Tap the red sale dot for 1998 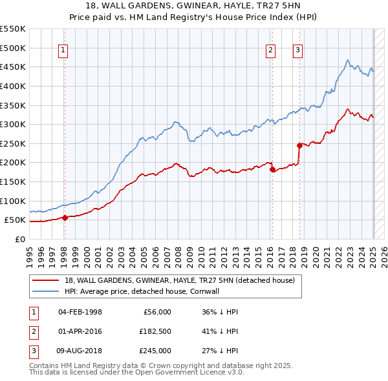click(x=64, y=218)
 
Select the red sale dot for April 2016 click(x=272, y=169)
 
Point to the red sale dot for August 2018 click(x=299, y=145)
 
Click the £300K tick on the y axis click(x=13, y=124)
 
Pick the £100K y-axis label click(x=13, y=201)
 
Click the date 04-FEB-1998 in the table click(x=80, y=312)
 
